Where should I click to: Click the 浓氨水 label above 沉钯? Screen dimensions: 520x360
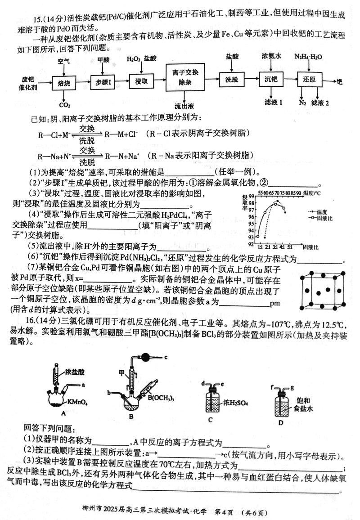click(271, 56)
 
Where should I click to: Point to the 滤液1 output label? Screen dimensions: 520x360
click(273, 103)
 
